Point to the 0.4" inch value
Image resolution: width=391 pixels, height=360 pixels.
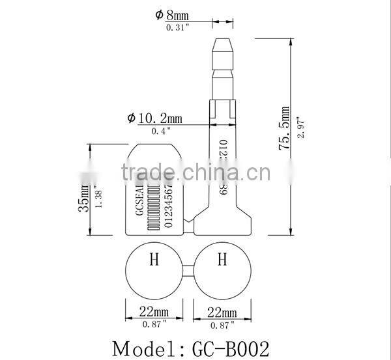click(x=160, y=131)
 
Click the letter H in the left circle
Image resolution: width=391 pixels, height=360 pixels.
click(x=154, y=260)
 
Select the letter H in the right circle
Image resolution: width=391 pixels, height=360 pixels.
click(x=222, y=260)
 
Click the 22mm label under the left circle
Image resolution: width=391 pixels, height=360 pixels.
click(x=154, y=311)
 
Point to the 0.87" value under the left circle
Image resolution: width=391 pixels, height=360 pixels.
click(x=154, y=323)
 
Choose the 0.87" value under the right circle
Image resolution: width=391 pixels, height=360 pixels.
click(x=222, y=323)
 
